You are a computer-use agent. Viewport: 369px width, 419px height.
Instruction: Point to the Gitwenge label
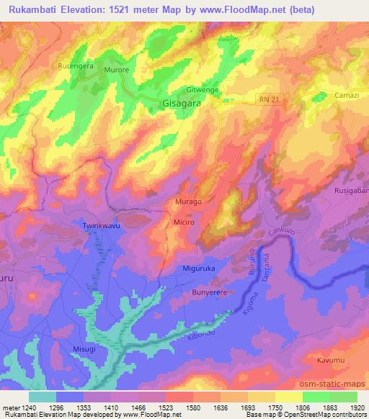[203, 90]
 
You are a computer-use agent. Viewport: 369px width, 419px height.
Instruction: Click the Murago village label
[188, 203]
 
